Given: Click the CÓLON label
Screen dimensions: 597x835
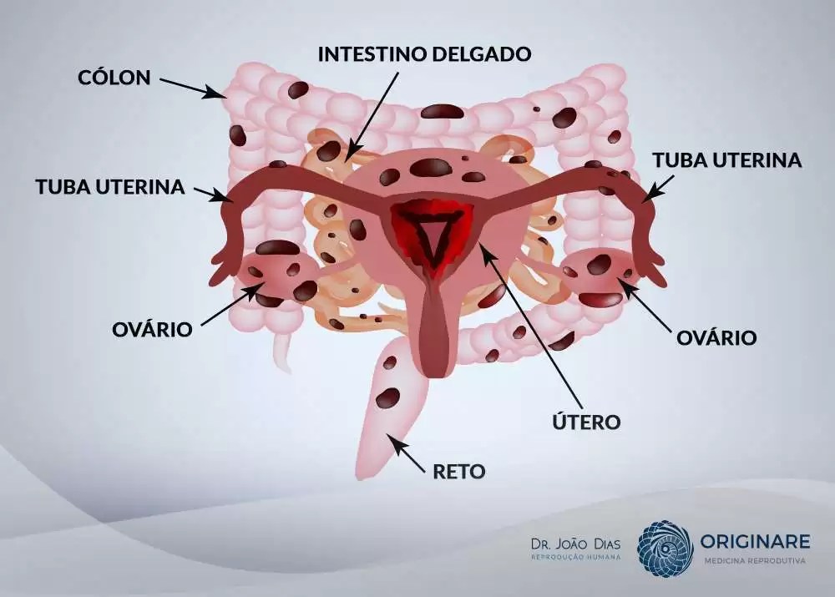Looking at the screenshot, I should pyautogui.click(x=114, y=78).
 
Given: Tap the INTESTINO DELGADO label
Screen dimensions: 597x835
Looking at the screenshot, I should pyautogui.click(x=424, y=54).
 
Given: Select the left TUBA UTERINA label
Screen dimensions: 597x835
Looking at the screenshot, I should pyautogui.click(x=109, y=186).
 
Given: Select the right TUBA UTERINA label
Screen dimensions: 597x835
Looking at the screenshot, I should pyautogui.click(x=726, y=160).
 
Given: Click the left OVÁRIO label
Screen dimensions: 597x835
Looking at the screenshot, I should pyautogui.click(x=152, y=329).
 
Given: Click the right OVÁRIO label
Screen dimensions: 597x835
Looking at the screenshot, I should pyautogui.click(x=716, y=337).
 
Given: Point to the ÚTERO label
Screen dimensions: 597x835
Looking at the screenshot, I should pyautogui.click(x=586, y=422).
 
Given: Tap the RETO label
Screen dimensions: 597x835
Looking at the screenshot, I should pyautogui.click(x=459, y=471).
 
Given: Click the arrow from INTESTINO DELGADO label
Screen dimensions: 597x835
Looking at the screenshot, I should pyautogui.click(x=373, y=109).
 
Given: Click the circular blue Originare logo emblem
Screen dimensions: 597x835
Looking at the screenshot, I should pyautogui.click(x=665, y=549).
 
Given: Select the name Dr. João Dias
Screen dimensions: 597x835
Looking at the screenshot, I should pyautogui.click(x=576, y=543).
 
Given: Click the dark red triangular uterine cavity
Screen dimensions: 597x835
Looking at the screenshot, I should pyautogui.click(x=433, y=235).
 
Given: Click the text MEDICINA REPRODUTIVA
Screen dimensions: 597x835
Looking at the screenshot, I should pyautogui.click(x=754, y=560).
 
